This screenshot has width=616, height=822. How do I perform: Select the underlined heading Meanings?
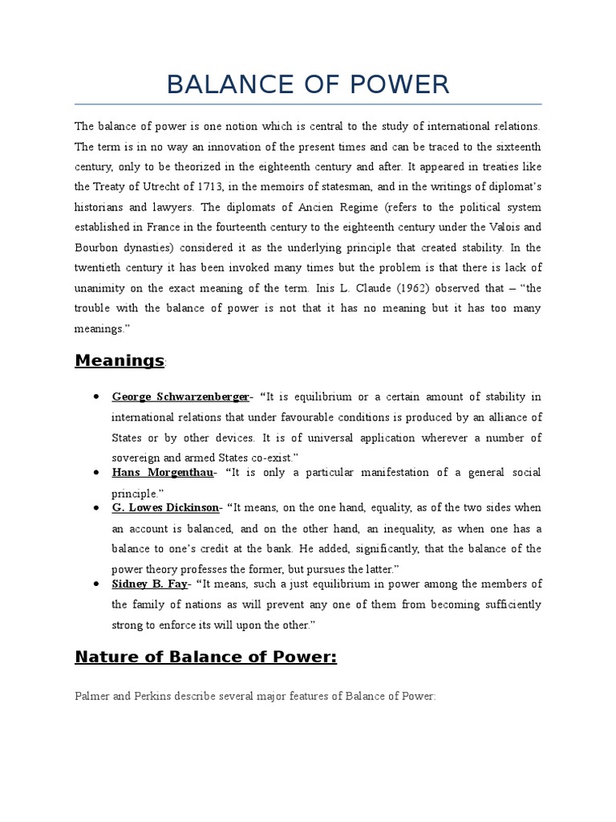pyautogui.click(x=119, y=360)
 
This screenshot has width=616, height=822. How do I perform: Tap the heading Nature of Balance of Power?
pyautogui.click(x=205, y=657)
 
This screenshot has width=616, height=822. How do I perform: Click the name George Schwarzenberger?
pyautogui.click(x=180, y=397)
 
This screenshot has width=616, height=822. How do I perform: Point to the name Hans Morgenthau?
pyautogui.click(x=162, y=473)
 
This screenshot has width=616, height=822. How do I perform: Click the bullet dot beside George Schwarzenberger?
pyautogui.click(x=96, y=397)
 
